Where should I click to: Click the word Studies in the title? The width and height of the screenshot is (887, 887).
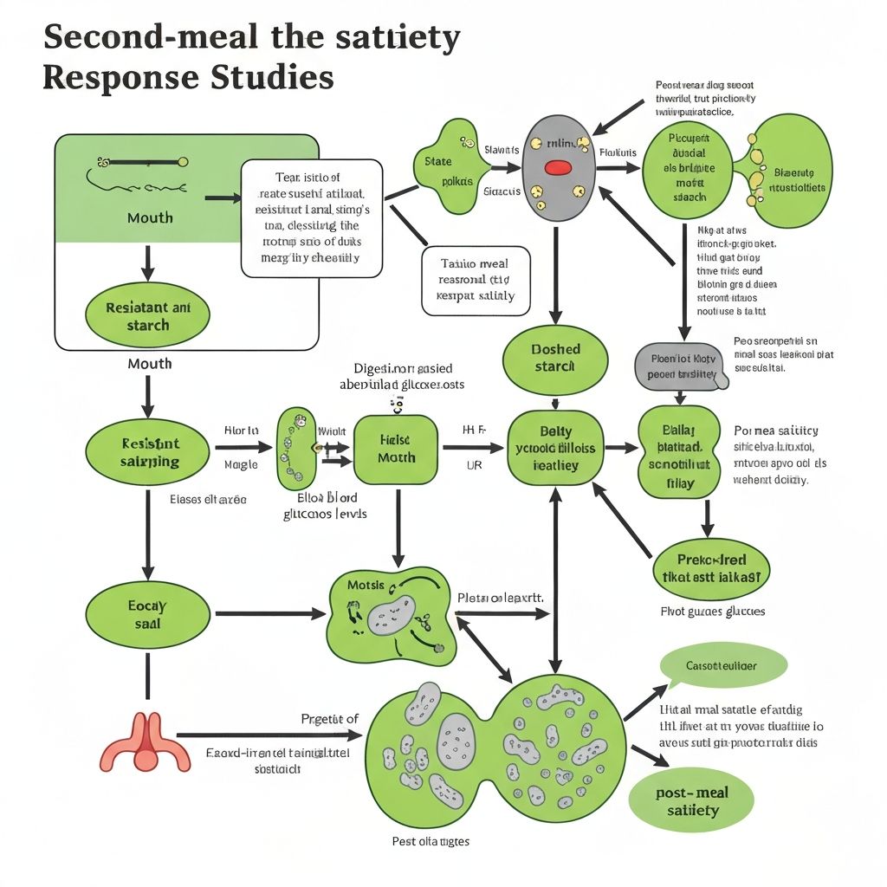(272, 77)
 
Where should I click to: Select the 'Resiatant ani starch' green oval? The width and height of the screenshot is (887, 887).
(148, 316)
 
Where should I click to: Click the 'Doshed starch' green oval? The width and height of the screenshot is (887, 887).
(555, 358)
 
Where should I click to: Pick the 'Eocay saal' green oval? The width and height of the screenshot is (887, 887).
(148, 614)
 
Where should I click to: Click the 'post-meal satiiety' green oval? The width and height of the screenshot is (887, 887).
(693, 801)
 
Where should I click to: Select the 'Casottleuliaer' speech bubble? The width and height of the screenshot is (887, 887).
(722, 666)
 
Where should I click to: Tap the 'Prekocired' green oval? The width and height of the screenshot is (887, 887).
(711, 568)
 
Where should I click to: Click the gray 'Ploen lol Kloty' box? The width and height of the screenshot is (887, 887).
(677, 366)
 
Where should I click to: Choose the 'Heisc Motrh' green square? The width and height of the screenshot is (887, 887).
(397, 449)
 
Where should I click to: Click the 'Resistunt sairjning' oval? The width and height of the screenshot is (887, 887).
(148, 452)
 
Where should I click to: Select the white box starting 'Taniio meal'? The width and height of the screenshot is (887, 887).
(476, 280)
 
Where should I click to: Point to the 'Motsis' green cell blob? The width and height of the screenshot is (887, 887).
(390, 612)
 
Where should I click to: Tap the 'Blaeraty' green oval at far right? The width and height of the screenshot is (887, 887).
(791, 172)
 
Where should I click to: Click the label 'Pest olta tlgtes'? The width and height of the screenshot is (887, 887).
(431, 841)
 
